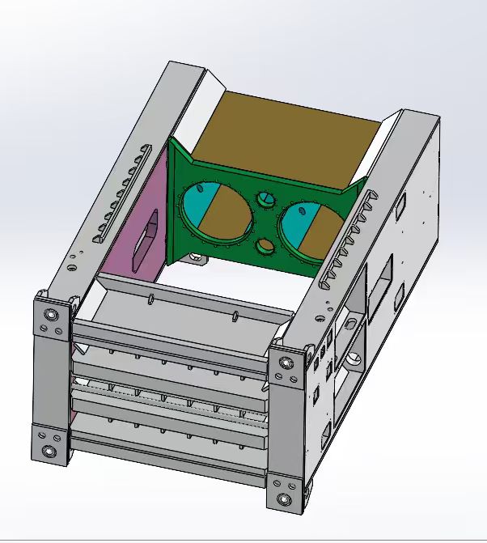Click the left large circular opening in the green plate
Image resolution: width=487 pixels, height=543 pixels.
(x=218, y=212)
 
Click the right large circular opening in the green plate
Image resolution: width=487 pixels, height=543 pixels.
(x=305, y=227)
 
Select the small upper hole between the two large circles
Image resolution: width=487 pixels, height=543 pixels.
(x=265, y=198)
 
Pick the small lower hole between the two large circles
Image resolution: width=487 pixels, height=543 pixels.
(x=265, y=246)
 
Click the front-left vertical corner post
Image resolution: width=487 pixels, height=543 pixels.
(x=50, y=380)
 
